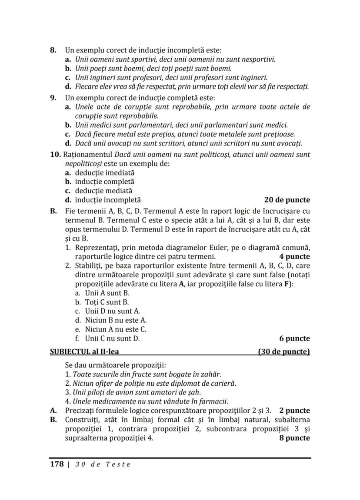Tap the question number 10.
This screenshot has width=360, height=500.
point(56,155)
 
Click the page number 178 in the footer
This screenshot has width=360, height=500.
point(57,464)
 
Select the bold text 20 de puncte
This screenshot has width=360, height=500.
point(287,200)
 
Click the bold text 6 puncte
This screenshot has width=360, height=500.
point(294,338)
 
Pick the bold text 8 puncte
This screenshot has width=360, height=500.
point(294,438)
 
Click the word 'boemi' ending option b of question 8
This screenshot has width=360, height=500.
point(221,68)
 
